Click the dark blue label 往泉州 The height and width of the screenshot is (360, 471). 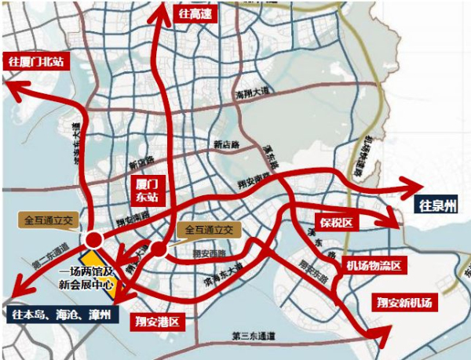437,206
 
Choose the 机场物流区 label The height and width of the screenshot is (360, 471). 374,266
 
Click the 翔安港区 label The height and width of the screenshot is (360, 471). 157,321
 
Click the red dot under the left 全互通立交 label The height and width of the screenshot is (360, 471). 95,238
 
